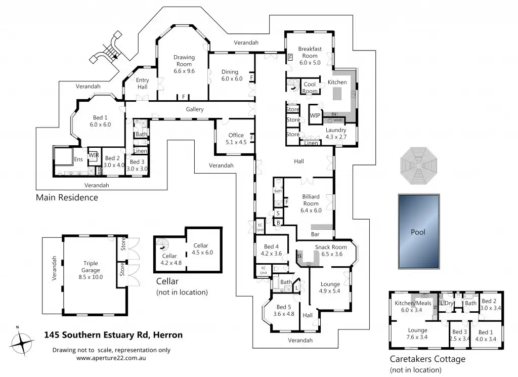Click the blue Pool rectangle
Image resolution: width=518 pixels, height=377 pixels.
click(x=418, y=232)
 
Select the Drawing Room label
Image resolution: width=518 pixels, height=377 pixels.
click(x=184, y=61)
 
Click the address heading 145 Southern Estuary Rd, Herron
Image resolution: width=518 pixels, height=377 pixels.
click(x=113, y=334)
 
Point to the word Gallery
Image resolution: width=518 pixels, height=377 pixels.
click(x=195, y=109)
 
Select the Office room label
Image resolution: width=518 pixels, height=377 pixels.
click(x=236, y=136)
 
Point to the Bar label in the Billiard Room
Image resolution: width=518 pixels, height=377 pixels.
click(x=315, y=234)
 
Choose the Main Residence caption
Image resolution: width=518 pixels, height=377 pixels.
click(x=67, y=197)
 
